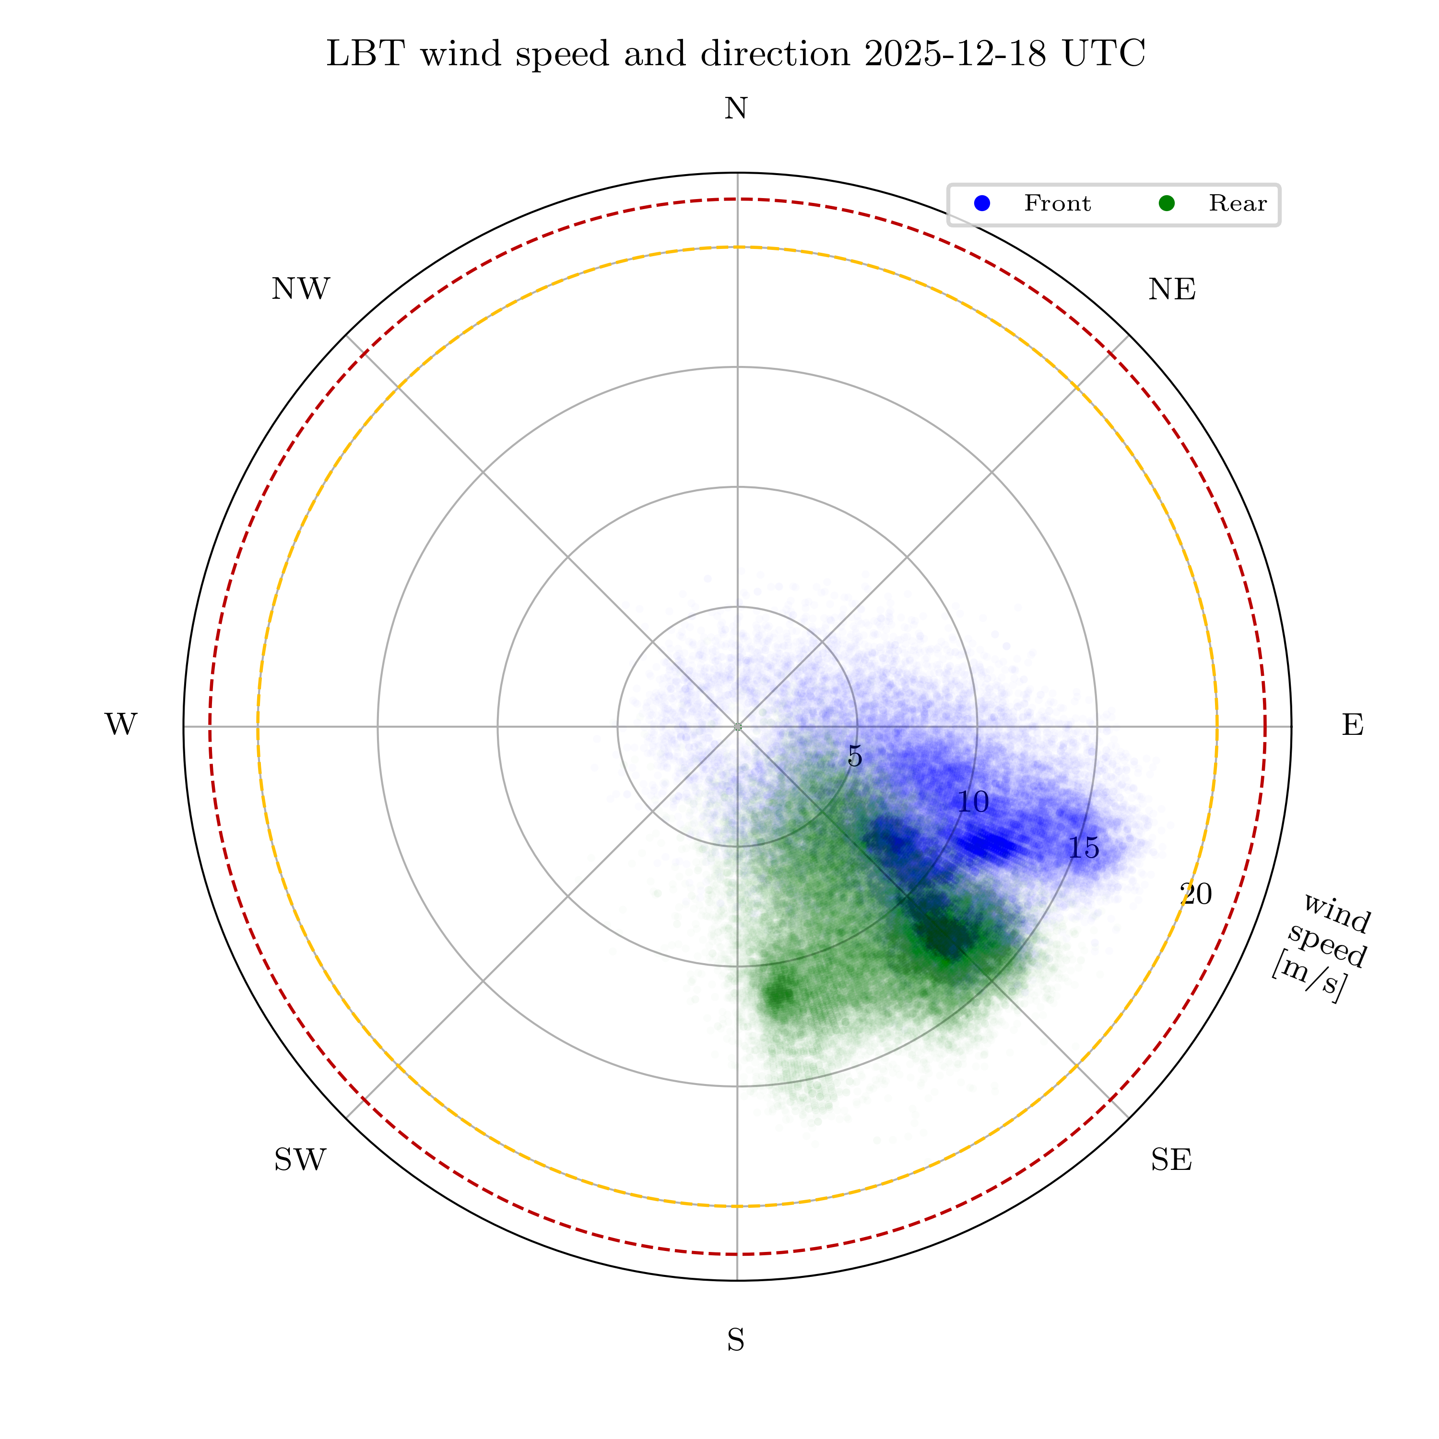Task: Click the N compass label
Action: click(x=736, y=109)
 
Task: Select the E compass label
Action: click(x=1353, y=725)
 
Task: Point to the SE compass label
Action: click(x=1171, y=1160)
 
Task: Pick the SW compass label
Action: click(x=300, y=1160)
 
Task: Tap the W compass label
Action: click(x=121, y=725)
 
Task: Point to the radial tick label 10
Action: click(x=973, y=802)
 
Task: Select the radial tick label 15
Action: click(x=1084, y=848)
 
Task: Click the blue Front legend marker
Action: click(x=982, y=203)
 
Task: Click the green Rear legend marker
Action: click(x=1167, y=203)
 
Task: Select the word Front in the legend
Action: click(x=1057, y=203)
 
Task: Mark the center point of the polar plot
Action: click(x=737, y=726)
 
